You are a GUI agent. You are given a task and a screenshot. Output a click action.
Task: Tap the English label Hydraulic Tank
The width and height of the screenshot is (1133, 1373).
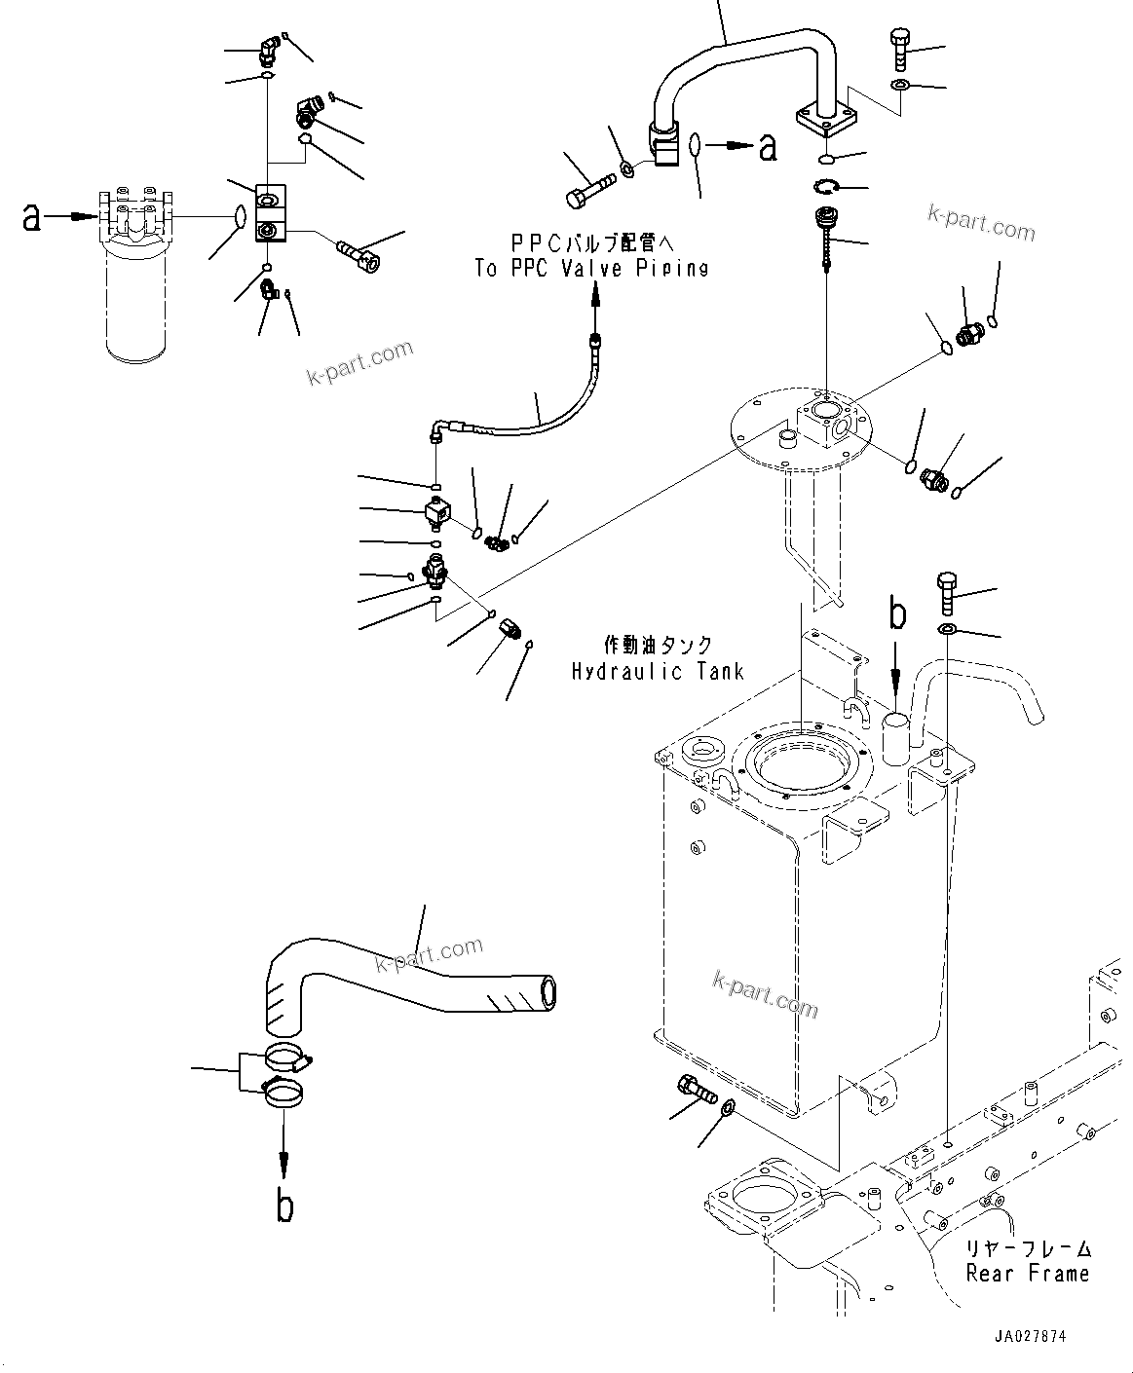pyautogui.click(x=658, y=671)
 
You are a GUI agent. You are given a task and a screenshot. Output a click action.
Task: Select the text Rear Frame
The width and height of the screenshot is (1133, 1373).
pyautogui.click(x=1027, y=1273)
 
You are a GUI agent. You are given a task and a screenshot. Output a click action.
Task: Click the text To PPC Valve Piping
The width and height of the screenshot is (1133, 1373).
pyautogui.click(x=591, y=269)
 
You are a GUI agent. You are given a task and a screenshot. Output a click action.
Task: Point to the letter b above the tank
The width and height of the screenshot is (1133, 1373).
pyautogui.click(x=896, y=614)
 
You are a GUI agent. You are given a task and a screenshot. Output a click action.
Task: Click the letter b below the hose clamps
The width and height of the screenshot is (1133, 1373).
pyautogui.click(x=284, y=1206)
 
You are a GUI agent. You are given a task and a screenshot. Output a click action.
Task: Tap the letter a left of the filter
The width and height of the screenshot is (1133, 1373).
pyautogui.click(x=32, y=217)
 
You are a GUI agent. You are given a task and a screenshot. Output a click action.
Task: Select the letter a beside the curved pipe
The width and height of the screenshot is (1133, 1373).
pyautogui.click(x=769, y=147)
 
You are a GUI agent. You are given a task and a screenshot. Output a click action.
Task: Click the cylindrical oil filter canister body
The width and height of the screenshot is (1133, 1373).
pyautogui.click(x=137, y=303)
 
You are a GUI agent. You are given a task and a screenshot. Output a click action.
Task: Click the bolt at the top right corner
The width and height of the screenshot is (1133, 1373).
pyautogui.click(x=899, y=48)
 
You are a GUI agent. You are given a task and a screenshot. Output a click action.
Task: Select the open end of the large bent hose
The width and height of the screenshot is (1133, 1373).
pyautogui.click(x=548, y=992)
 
